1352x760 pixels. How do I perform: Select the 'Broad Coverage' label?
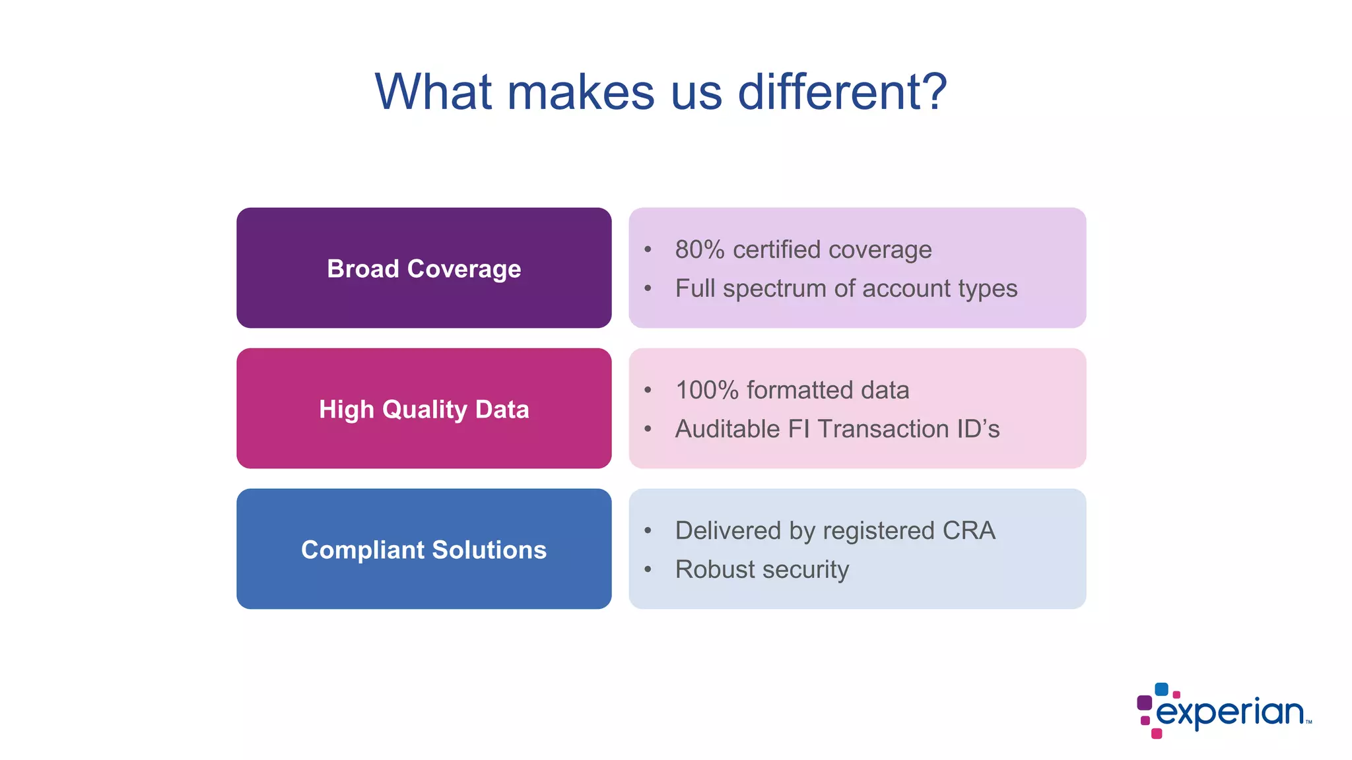[424, 269]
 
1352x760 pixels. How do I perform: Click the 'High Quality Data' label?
[424, 409]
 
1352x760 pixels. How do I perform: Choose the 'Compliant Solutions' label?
[424, 550]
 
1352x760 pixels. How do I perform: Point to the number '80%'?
[700, 250]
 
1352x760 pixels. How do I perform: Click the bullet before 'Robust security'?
[648, 569]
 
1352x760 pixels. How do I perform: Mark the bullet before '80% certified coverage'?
[648, 250]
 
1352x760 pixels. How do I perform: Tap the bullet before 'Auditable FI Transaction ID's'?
[648, 429]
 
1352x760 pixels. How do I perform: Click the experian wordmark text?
[1231, 713]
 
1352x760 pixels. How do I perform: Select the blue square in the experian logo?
[1161, 689]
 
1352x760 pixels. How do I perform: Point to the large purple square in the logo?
[1145, 703]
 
